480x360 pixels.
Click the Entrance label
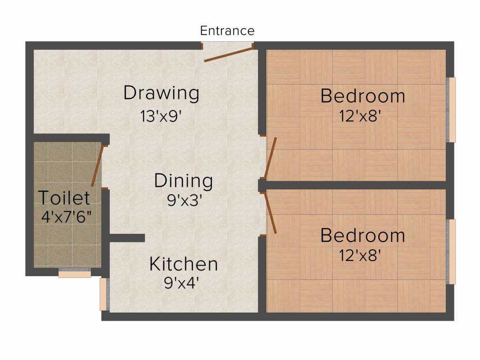[x=227, y=31]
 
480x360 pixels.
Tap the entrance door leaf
[x=228, y=54]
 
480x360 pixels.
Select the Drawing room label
[x=161, y=93]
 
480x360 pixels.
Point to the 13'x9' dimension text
[x=161, y=116]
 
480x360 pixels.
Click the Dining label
[x=184, y=180]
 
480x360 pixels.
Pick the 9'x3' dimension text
[x=184, y=201]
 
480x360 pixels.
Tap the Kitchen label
[x=183, y=264]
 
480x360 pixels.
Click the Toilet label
[x=64, y=198]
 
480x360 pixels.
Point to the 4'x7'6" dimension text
[x=66, y=217]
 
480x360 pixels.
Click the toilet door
[x=97, y=165]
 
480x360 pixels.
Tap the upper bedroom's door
[x=270, y=158]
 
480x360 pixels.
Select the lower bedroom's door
[x=270, y=214]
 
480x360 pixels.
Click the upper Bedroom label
[x=363, y=96]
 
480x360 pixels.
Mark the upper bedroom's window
[x=452, y=110]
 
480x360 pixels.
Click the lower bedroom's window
[x=452, y=251]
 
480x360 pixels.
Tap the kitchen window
[x=104, y=294]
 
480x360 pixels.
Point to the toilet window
[x=75, y=273]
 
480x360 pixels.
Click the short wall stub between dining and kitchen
[x=127, y=238]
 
